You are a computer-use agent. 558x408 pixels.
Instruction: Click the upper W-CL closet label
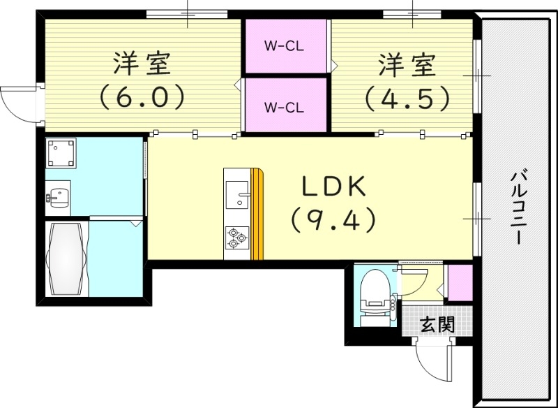point(283,48)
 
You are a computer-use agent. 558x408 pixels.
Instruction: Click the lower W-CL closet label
point(283,108)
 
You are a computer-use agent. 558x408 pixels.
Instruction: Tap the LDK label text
point(334,187)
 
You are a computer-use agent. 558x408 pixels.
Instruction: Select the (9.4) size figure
point(334,221)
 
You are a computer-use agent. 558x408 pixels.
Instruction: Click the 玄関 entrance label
point(438,324)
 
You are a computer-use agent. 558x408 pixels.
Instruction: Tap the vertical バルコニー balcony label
point(518,206)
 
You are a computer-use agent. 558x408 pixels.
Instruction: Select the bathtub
point(67,258)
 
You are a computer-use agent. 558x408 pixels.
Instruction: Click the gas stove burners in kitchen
point(237,238)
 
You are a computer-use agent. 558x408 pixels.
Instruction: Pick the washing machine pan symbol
point(61,154)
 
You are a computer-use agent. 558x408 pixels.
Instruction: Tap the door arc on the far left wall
point(17,105)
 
